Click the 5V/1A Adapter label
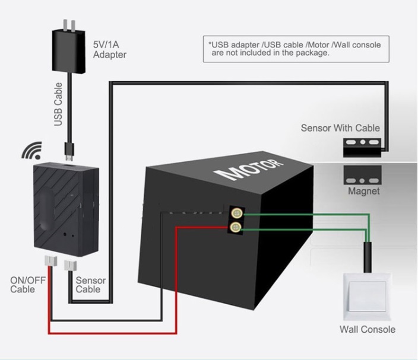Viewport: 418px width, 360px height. pyautogui.click(x=110, y=49)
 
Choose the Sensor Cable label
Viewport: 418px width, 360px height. pyautogui.click(x=91, y=285)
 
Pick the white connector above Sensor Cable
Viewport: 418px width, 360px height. pyautogui.click(x=74, y=263)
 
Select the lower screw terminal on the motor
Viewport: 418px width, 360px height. pyautogui.click(x=236, y=227)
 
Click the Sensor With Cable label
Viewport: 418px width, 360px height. pyautogui.click(x=340, y=128)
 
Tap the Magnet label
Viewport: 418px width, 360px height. pyautogui.click(x=363, y=192)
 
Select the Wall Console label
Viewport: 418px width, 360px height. pyautogui.click(x=367, y=329)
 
